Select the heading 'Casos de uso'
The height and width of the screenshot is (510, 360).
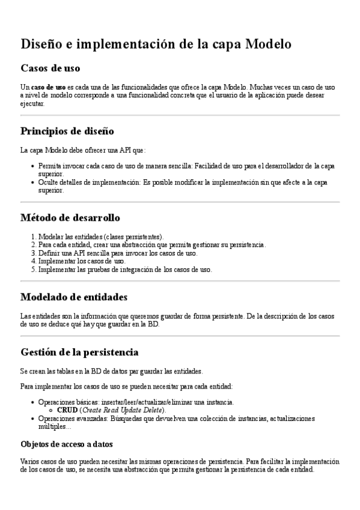coord(50,68)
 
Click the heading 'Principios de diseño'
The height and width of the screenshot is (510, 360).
coord(67,131)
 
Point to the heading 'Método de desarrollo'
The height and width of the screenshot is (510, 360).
coord(70,217)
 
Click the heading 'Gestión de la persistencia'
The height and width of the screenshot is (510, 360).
coord(80,351)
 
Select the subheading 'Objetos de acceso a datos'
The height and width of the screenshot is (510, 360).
coord(67,444)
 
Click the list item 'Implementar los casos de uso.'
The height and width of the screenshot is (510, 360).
coord(82,262)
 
